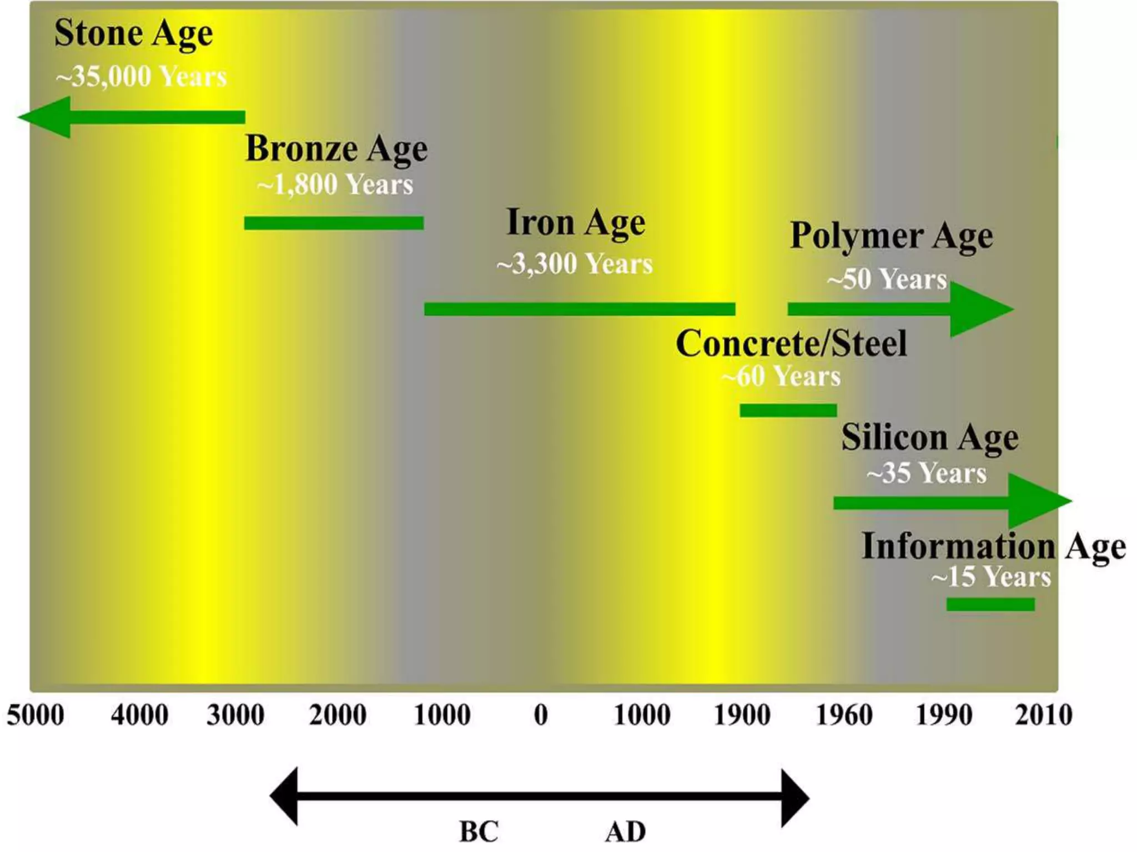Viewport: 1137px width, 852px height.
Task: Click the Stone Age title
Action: pyautogui.click(x=133, y=33)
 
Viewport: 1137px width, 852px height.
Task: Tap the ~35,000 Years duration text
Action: pyautogui.click(x=141, y=76)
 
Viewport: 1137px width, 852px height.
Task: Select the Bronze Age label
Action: pyautogui.click(x=336, y=149)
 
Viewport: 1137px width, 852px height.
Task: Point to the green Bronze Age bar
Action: pyautogui.click(x=334, y=223)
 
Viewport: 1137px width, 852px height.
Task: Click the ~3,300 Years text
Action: pyautogui.click(x=575, y=263)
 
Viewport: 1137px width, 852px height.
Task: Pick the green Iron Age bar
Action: pyautogui.click(x=580, y=309)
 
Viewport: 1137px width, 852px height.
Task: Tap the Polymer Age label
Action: pyautogui.click(x=891, y=236)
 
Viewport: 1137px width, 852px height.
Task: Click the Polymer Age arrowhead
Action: pyautogui.click(x=980, y=309)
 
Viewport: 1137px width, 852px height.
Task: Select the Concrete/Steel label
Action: pyautogui.click(x=791, y=343)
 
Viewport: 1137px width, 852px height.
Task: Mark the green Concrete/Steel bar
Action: pyautogui.click(x=788, y=410)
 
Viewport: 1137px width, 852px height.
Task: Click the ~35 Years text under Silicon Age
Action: pyautogui.click(x=926, y=473)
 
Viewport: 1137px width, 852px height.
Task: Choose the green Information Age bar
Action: pyautogui.click(x=990, y=604)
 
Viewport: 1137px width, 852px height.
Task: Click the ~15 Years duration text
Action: pyautogui.click(x=991, y=577)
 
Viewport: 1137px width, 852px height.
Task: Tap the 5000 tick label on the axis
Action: pyautogui.click(x=36, y=715)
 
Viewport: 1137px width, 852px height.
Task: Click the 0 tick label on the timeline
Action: pyautogui.click(x=541, y=715)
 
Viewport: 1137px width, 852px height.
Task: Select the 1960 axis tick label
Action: pyautogui.click(x=844, y=715)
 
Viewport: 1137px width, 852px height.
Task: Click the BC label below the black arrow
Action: pyautogui.click(x=479, y=831)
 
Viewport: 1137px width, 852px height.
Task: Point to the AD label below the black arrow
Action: pyautogui.click(x=625, y=831)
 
